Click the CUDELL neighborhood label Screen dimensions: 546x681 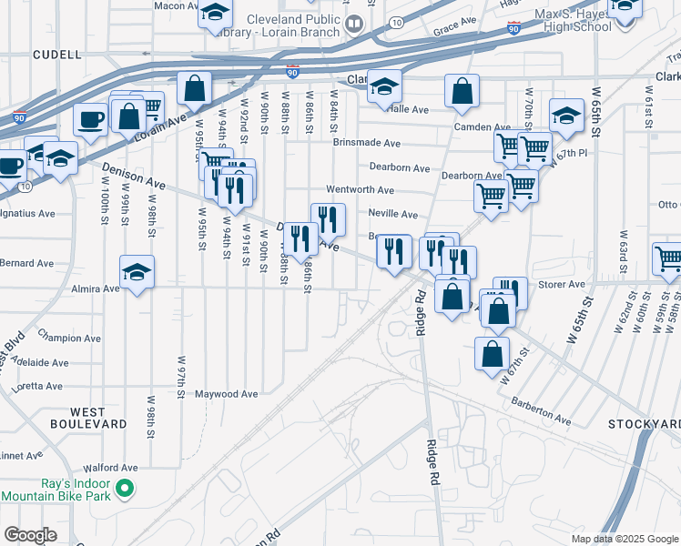click(56, 55)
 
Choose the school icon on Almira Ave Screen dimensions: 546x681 click(137, 272)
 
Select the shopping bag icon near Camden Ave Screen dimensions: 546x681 click(462, 90)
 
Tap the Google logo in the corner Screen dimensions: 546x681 click(30, 535)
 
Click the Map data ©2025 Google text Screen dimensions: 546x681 click(624, 539)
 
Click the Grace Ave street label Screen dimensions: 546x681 click(454, 20)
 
